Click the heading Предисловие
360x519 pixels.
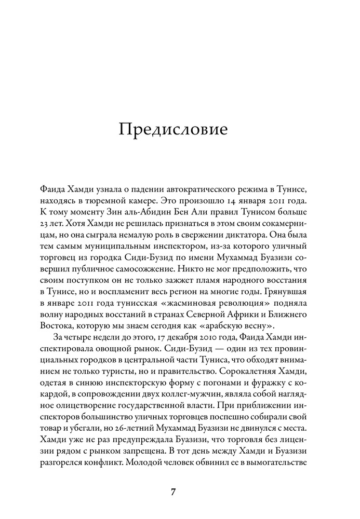coord(173,129)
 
